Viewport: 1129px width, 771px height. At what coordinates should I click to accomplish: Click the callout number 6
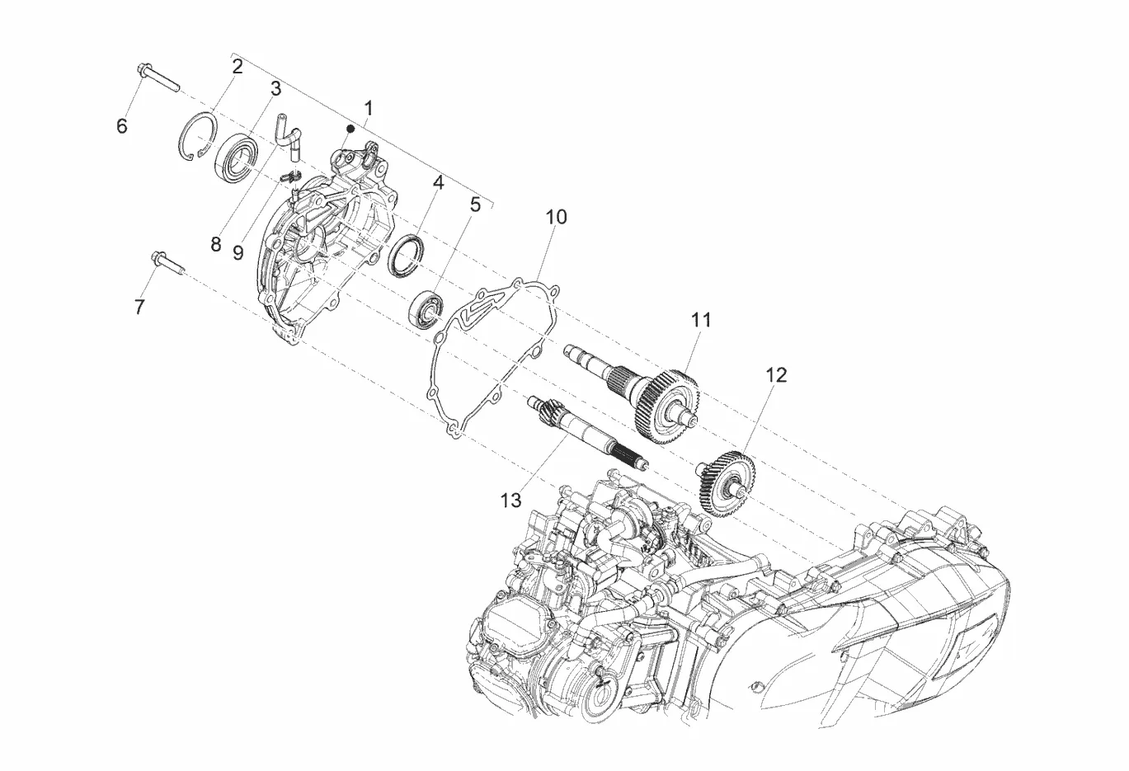[121, 126]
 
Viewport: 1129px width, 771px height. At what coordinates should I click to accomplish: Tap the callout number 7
[139, 307]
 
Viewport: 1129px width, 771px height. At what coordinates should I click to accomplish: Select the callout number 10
[556, 217]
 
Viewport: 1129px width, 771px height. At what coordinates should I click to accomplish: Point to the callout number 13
[510, 501]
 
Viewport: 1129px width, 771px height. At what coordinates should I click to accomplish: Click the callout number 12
[776, 375]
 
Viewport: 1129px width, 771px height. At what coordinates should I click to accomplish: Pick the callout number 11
[701, 319]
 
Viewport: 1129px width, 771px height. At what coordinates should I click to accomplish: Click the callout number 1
[369, 108]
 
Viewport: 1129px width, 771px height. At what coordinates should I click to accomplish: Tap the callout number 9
[238, 252]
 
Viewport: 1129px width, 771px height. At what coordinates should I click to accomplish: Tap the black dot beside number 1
[350, 129]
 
